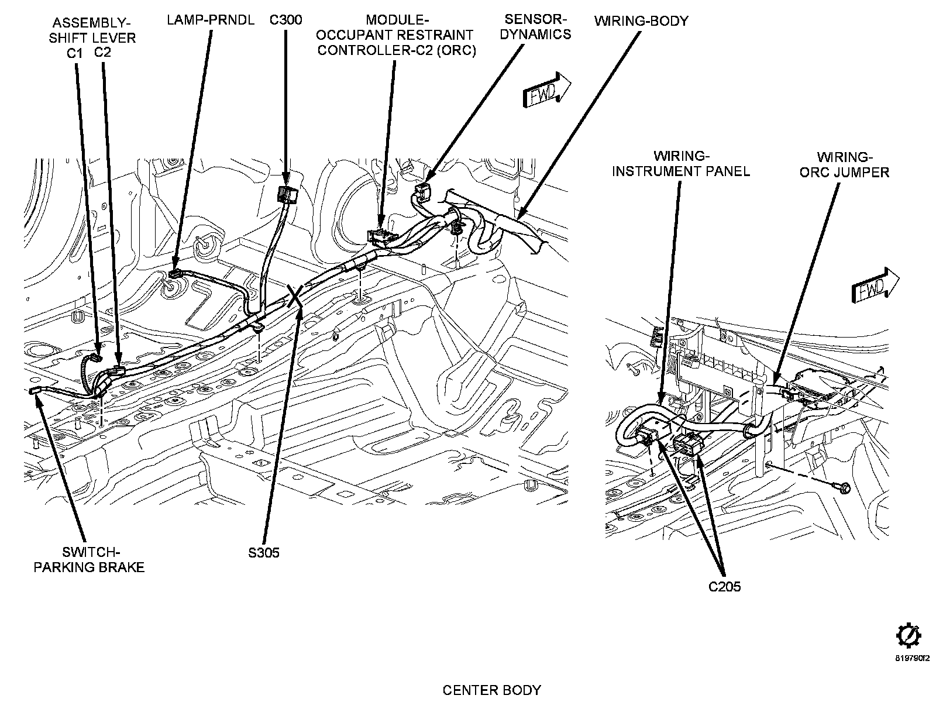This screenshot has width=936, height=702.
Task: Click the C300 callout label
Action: (x=285, y=20)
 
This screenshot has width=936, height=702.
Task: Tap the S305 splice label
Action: (x=264, y=553)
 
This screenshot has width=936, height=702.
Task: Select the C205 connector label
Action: (x=724, y=587)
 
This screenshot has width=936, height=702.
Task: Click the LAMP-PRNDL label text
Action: (x=210, y=20)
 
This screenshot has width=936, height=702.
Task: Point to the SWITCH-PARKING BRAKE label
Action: (x=89, y=560)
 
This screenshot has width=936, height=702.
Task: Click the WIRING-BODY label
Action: (x=641, y=21)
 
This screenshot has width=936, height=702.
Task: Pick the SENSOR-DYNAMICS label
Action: (x=536, y=27)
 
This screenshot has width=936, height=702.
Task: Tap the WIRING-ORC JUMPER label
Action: (x=844, y=164)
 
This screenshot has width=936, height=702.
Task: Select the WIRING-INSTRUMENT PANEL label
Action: (x=681, y=164)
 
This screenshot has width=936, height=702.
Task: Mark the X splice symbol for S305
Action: (x=295, y=296)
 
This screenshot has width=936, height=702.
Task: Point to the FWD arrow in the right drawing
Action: (x=875, y=285)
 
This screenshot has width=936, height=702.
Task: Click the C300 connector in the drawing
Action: (x=287, y=194)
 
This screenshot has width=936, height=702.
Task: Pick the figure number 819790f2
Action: (x=912, y=670)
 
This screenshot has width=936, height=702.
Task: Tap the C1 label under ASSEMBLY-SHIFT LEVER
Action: (x=75, y=53)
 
